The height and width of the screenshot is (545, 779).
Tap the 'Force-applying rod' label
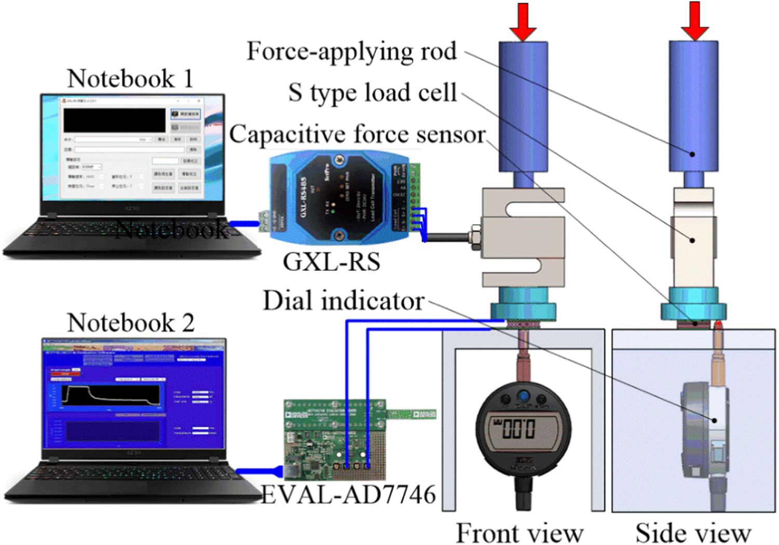pos(352,51)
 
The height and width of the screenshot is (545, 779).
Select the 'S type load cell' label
pos(372,93)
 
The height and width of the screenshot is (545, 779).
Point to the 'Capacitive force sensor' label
pos(357,134)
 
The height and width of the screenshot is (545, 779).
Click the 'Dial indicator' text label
pos(343,301)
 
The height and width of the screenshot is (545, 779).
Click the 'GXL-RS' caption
pos(331,262)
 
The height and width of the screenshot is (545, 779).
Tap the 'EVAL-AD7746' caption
pos(348,495)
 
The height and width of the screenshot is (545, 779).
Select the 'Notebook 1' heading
pos(130,79)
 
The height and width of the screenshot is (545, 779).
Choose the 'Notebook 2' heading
pos(131,323)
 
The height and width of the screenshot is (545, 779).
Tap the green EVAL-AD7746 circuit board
pos(335,439)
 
